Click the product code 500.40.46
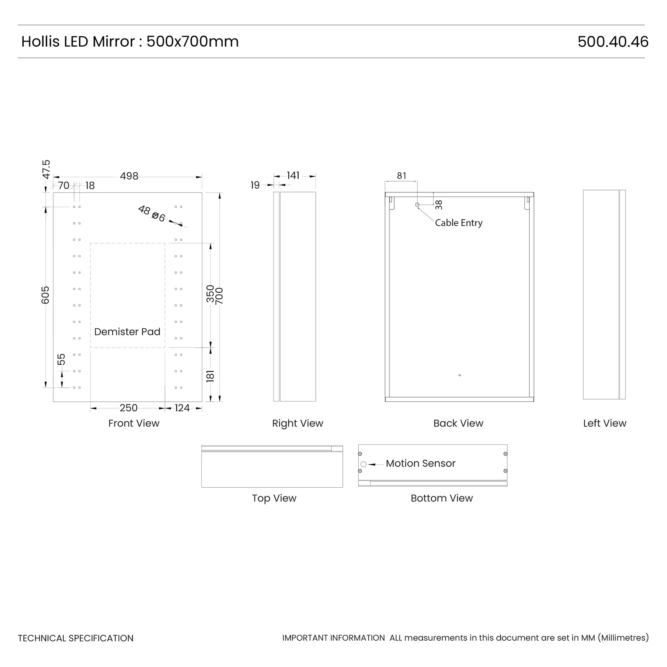[x=613, y=42]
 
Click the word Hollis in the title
[x=40, y=42]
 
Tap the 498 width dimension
[x=129, y=176]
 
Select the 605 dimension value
[x=45, y=295]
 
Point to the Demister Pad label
[x=127, y=332]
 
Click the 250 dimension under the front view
[x=129, y=408]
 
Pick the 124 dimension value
[x=182, y=408]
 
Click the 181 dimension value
[x=210, y=376]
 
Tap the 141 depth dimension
[x=293, y=175]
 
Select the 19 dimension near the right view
[x=255, y=185]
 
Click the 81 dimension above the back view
[x=402, y=176]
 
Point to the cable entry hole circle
[x=417, y=205]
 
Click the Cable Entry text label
[x=459, y=223]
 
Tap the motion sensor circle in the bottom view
[x=364, y=464]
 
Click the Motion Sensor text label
[x=421, y=463]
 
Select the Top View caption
[x=274, y=498]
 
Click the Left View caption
[x=605, y=423]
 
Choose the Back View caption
[x=458, y=423]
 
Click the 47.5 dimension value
[x=46, y=169]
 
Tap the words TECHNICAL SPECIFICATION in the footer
[x=76, y=638]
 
